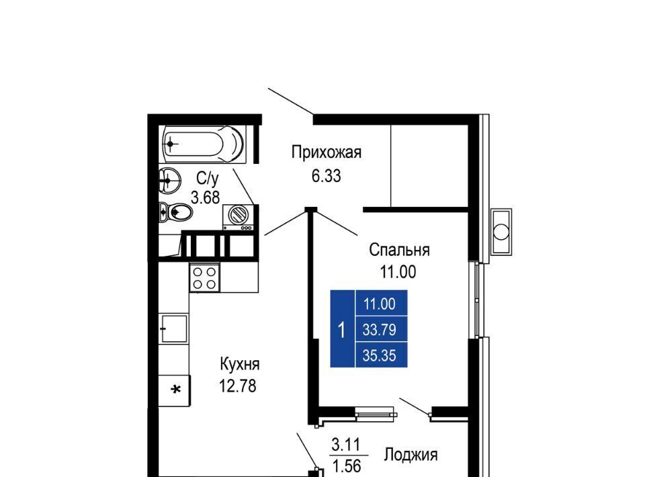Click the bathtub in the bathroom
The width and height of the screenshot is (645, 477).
204,144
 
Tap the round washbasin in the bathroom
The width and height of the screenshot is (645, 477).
170,179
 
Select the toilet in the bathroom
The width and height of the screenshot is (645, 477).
175,212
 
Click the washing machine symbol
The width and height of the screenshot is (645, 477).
238,217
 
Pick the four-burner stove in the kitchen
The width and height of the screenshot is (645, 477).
204,278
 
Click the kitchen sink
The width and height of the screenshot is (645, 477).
175,328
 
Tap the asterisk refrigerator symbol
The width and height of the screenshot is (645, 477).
175,389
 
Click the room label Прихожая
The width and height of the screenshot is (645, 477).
327,153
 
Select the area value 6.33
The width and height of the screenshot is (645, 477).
327,177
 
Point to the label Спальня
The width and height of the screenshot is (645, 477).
399,250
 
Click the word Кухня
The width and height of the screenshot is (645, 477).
240,364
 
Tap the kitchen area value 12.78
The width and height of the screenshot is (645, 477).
237,386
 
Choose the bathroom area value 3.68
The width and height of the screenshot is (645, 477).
206,198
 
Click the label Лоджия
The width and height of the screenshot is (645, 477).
411,456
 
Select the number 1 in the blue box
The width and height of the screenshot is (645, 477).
341,330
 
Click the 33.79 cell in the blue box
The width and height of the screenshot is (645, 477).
379,330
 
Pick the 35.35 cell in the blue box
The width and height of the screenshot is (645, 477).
379,355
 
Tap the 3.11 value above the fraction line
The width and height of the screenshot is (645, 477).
346,445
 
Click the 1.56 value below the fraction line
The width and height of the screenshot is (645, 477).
347,466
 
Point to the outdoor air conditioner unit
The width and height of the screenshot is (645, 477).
501,232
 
